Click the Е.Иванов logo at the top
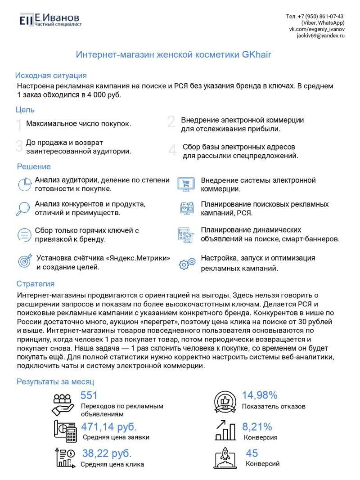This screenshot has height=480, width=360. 49,19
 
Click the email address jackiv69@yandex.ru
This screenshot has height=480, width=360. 320,36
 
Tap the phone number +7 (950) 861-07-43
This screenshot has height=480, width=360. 315,16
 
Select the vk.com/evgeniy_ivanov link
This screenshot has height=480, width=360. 316,29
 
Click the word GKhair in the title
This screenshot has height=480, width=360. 256,54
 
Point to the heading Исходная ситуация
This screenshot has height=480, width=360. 51,75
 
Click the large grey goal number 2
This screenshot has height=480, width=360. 171,122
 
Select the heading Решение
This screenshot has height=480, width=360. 34,167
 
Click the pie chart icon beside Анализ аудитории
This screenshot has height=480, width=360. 23,184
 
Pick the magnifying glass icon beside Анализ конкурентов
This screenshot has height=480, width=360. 22,208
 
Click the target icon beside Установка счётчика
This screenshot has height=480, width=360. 23,261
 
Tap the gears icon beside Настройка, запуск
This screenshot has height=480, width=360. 187,264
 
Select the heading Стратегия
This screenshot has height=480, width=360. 36,284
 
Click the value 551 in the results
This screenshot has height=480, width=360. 89,395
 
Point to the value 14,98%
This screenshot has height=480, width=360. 260,395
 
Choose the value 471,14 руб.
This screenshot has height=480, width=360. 109,426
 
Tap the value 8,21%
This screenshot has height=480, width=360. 257,426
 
